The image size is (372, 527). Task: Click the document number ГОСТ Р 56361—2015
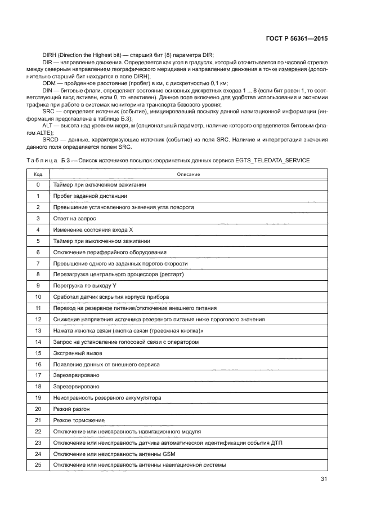(297, 38)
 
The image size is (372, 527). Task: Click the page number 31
(324, 480)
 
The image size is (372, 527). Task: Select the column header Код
(38, 174)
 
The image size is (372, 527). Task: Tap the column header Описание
(189, 174)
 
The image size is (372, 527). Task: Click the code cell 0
(38, 185)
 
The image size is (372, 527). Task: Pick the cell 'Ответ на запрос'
(74, 218)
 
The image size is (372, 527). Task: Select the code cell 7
(38, 263)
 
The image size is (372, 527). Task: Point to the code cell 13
(38, 330)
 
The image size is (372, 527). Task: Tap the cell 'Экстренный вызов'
(77, 353)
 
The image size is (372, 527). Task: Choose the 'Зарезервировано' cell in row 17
(76, 375)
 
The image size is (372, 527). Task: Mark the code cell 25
(38, 465)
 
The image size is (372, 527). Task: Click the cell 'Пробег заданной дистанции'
(89, 196)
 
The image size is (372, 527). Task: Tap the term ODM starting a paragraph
(49, 83)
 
